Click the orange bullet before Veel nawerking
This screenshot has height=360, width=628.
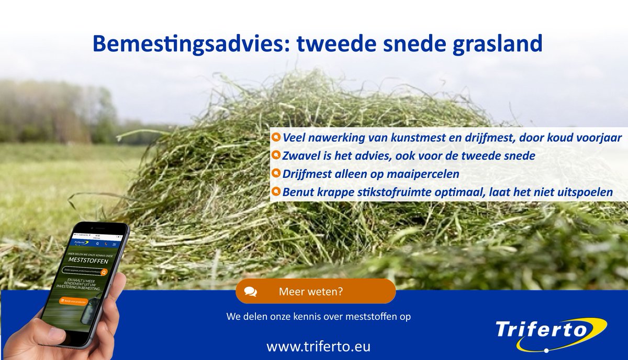(x=276, y=138)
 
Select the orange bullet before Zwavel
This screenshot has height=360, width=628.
(x=276, y=155)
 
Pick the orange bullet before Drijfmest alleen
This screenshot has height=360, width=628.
(x=276, y=173)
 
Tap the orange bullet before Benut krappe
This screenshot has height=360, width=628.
(x=276, y=192)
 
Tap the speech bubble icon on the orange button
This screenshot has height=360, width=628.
(x=251, y=291)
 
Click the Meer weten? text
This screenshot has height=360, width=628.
(x=311, y=291)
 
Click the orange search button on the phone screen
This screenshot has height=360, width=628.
(x=104, y=272)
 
